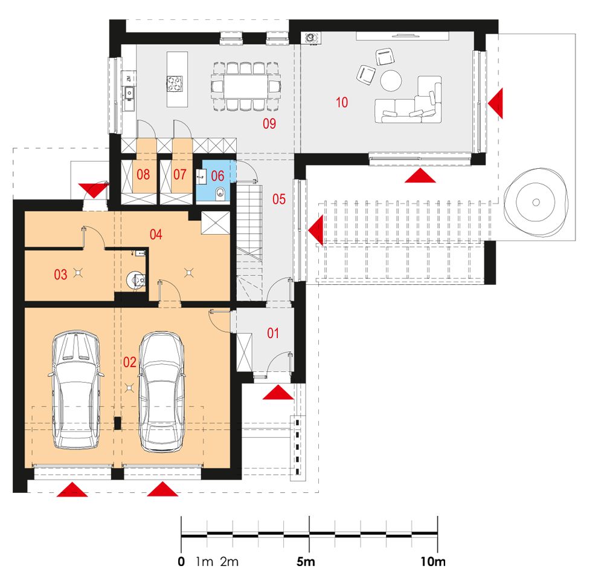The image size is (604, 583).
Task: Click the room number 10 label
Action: click(x=342, y=103)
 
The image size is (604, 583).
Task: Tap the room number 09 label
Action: click(x=269, y=123)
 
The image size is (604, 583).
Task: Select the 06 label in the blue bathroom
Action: click(x=217, y=176)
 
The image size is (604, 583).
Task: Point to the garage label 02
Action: click(x=130, y=362)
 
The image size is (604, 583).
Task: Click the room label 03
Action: click(x=60, y=275)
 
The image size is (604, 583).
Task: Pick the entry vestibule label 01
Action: click(x=273, y=333)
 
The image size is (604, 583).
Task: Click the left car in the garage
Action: click(x=76, y=389)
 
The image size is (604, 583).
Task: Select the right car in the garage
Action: click(x=162, y=392)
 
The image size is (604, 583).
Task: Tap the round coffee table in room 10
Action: click(x=391, y=80)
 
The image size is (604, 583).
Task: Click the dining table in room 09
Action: click(x=246, y=86)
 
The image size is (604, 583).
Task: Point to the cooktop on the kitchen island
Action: click(x=175, y=84)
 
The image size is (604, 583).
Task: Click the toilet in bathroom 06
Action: click(x=220, y=192)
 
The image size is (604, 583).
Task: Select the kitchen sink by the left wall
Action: click(x=129, y=93)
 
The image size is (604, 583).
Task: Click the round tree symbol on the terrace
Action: click(x=536, y=203)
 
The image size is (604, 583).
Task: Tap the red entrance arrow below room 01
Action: click(x=278, y=393)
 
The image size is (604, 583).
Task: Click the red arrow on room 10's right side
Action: click(x=495, y=103)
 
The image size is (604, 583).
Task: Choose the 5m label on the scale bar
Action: click(x=306, y=562)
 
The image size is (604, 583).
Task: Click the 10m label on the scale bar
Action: click(x=433, y=562)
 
